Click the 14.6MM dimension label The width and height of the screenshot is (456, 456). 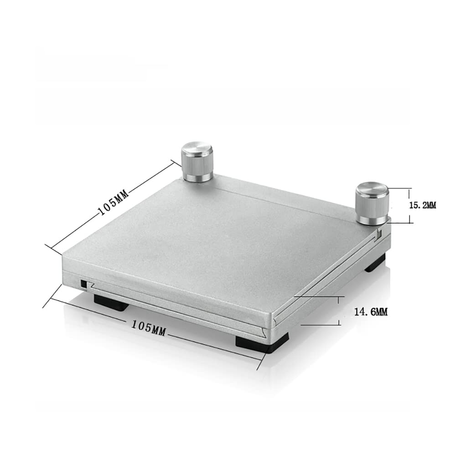371,312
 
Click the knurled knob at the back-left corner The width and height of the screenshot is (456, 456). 197,162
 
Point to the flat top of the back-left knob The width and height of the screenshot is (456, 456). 197,149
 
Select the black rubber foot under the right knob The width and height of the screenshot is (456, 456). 375,263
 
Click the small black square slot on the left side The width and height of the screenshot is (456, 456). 83,283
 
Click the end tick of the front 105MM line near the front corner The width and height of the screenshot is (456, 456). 261,360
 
